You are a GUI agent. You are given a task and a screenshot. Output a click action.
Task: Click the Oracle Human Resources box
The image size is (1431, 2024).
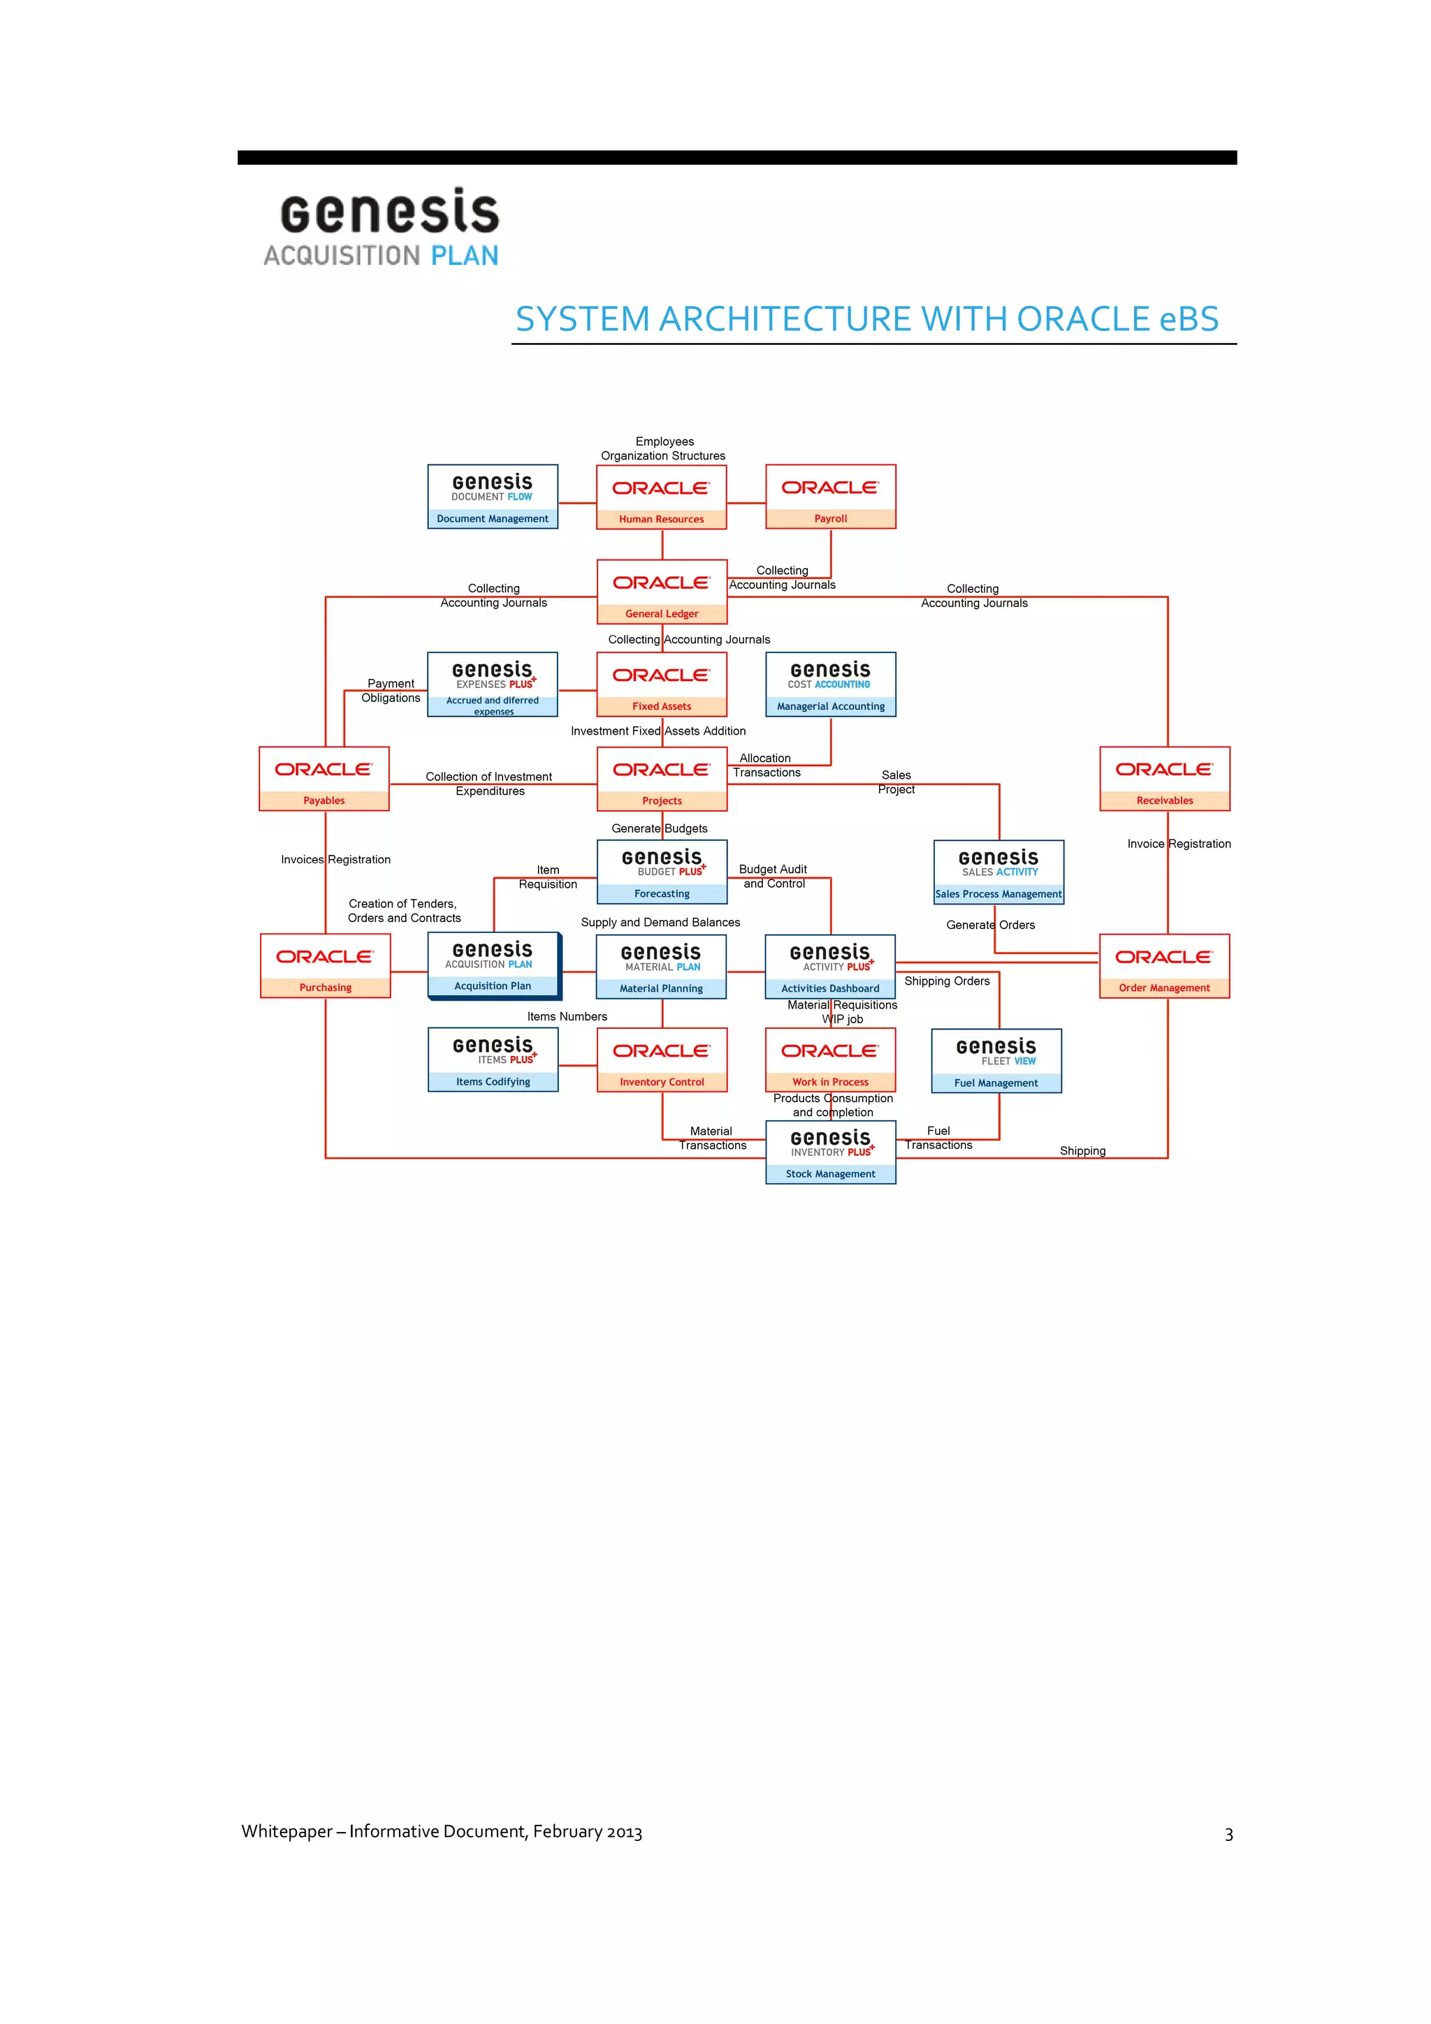click(661, 497)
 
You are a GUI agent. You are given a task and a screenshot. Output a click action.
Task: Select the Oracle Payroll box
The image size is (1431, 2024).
click(831, 497)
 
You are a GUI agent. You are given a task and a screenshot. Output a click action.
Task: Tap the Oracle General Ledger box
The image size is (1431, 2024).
click(661, 592)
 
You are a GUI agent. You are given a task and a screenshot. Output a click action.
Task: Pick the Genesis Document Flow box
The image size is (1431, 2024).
click(492, 497)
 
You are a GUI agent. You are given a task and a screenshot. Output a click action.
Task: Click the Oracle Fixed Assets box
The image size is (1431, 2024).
click(661, 684)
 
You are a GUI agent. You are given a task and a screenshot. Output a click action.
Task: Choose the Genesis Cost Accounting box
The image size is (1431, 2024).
click(831, 684)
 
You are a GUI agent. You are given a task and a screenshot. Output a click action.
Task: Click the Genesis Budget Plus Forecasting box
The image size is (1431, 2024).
click(661, 872)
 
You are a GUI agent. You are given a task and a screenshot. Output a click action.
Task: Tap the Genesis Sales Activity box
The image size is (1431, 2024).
click(998, 872)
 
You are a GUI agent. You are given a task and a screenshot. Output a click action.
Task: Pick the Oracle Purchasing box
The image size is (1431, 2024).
click(326, 966)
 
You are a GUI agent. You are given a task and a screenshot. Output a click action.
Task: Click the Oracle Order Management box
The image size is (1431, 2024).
click(1164, 966)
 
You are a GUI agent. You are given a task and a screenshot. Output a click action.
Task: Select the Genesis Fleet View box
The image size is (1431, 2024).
click(996, 1060)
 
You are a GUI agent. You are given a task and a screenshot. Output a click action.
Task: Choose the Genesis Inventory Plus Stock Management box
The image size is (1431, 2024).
click(831, 1152)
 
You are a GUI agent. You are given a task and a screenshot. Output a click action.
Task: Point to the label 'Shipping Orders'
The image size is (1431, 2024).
click(946, 981)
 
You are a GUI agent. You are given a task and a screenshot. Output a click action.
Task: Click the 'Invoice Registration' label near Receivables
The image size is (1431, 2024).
click(1178, 844)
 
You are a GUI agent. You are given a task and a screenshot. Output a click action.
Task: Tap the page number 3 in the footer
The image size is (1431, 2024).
click(1228, 1835)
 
